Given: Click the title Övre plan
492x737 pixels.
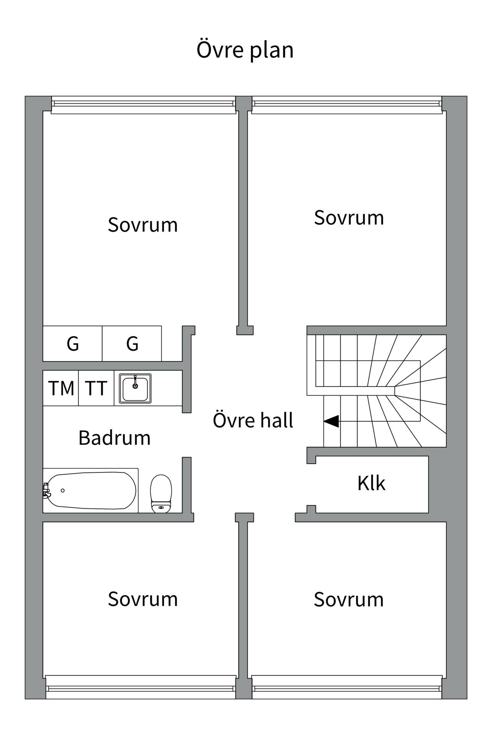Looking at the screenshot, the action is (245, 50).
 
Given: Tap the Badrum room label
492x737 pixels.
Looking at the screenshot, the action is (115, 438).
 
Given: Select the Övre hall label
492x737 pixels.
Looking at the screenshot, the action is (253, 420).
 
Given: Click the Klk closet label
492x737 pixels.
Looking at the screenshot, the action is (371, 483).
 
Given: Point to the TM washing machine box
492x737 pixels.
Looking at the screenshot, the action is (61, 388).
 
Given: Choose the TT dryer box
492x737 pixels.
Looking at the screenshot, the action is (96, 388).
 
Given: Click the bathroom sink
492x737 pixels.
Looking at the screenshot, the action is (135, 388).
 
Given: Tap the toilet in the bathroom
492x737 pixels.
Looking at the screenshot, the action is (161, 494).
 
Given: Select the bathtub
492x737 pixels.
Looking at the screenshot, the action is (91, 490).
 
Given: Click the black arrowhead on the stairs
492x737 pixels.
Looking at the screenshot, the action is (331, 421).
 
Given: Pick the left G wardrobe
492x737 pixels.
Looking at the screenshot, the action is (73, 344).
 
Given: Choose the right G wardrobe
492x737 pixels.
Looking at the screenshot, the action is (132, 344).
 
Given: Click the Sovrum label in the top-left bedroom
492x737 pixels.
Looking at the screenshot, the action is (143, 225).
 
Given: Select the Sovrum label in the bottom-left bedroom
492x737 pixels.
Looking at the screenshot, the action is (143, 599).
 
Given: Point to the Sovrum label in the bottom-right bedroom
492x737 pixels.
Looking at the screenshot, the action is (349, 600).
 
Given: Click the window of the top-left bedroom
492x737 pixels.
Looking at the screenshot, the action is (143, 105).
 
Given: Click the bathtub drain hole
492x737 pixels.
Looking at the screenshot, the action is (63, 491).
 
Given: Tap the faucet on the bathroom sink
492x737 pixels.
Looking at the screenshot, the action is (135, 382).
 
